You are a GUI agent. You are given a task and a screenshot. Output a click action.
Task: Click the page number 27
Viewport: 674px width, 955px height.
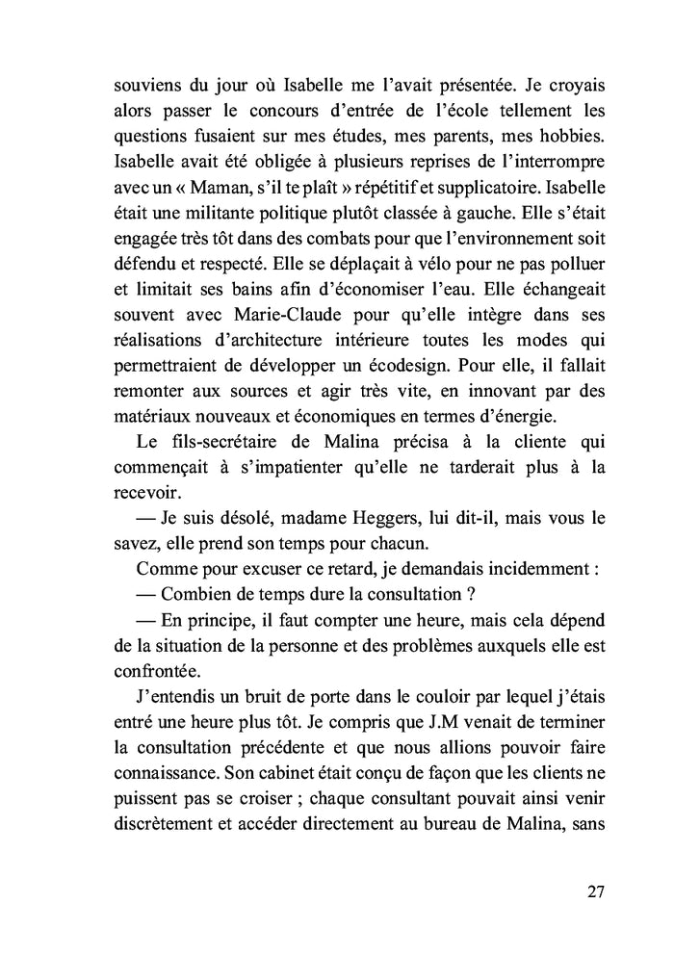(x=595, y=890)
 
